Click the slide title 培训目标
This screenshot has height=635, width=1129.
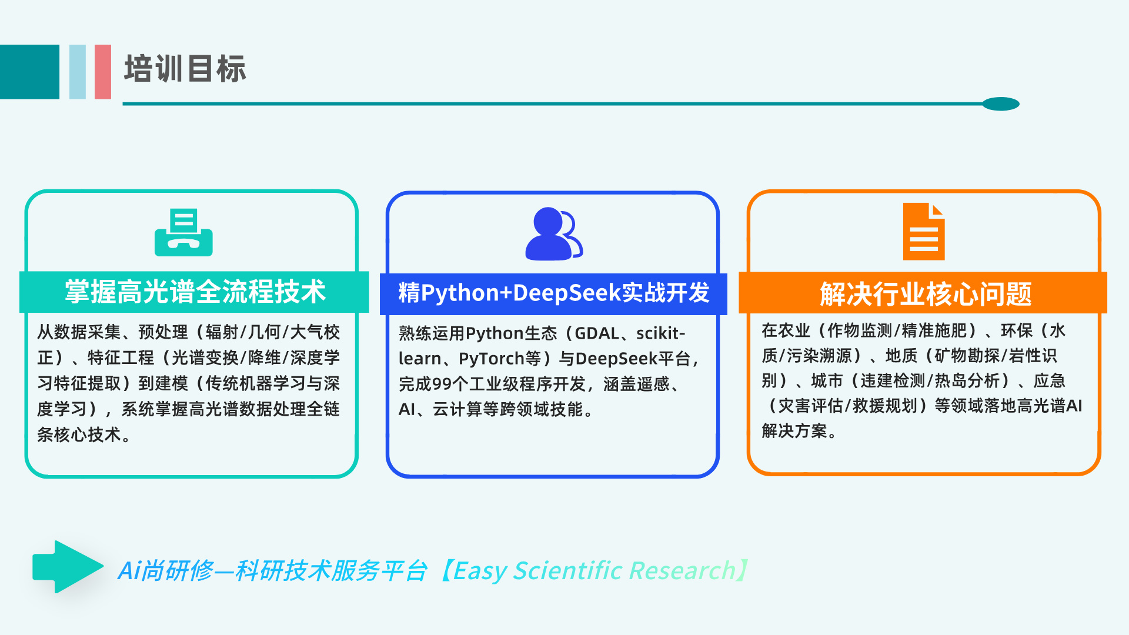185,69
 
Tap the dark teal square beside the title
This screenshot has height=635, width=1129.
29,72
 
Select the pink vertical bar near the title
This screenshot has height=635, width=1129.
103,72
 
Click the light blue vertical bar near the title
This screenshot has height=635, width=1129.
78,72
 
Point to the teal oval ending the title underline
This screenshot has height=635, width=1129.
1001,104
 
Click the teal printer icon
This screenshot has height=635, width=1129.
183,232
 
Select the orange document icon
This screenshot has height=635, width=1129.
924,231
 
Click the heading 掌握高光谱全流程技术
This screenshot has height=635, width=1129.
195,292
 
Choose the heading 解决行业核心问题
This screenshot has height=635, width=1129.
926,294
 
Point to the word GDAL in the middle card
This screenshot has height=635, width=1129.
597,333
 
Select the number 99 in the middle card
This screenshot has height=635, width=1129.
442,384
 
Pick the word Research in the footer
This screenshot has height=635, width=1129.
682,571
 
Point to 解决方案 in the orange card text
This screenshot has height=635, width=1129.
794,431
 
